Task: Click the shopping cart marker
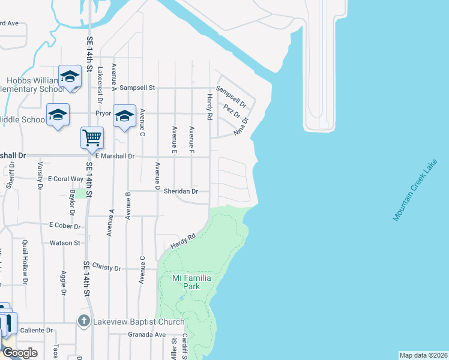[92, 137]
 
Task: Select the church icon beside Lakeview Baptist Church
[85, 321]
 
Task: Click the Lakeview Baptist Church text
[138, 322]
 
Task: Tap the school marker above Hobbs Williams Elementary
[70, 77]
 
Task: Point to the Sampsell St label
[137, 88]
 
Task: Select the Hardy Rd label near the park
[183, 242]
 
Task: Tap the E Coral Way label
[66, 179]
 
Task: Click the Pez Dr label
[231, 110]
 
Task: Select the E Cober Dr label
[65, 226]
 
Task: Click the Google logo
[20, 353]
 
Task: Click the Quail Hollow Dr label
[25, 261]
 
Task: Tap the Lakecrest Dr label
[100, 78]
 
